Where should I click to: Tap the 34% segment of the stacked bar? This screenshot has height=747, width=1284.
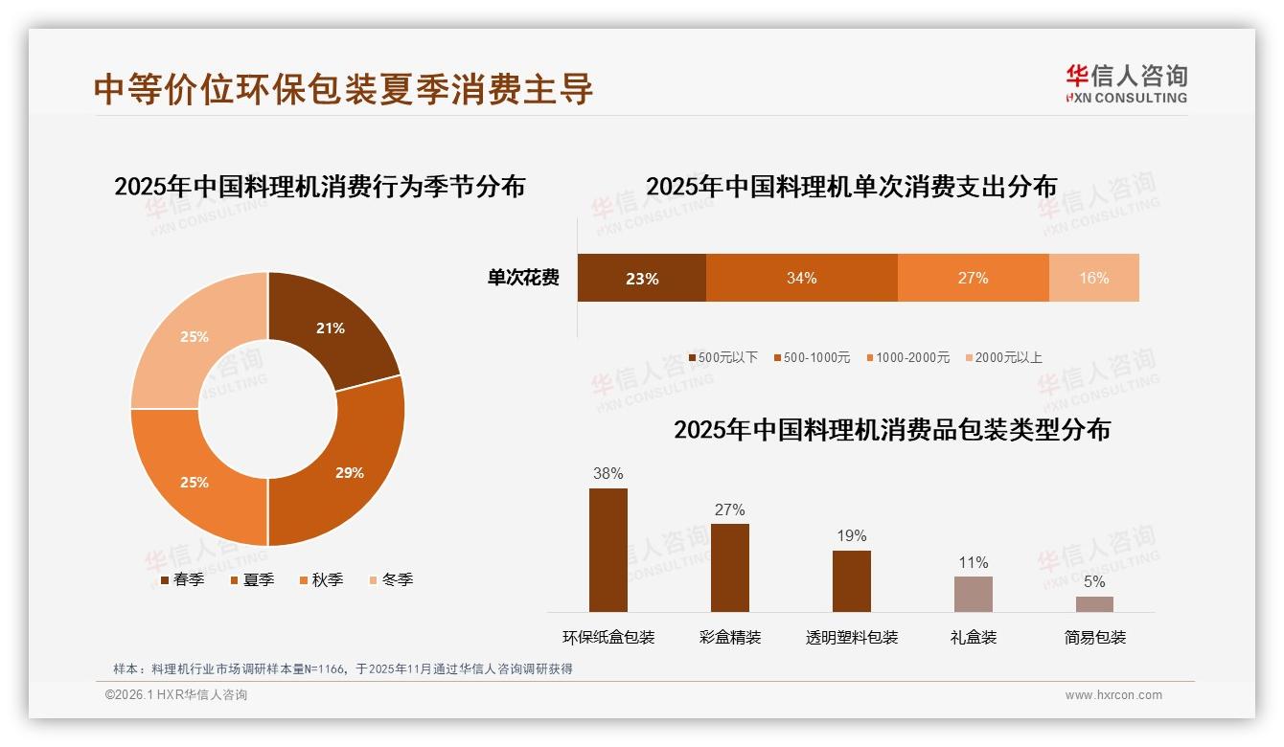pyautogui.click(x=801, y=278)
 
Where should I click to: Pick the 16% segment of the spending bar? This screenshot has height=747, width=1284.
pyautogui.click(x=1093, y=278)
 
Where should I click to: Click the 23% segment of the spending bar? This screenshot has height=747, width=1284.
pyautogui.click(x=641, y=279)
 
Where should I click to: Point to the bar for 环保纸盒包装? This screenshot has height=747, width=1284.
pyautogui.click(x=608, y=550)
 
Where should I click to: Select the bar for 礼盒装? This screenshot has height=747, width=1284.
pyautogui.click(x=973, y=594)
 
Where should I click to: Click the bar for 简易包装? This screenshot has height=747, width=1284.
pyautogui.click(x=1094, y=604)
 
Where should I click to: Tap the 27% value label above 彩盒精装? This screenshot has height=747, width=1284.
pyautogui.click(x=729, y=509)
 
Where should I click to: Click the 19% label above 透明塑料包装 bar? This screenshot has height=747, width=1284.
pyautogui.click(x=851, y=535)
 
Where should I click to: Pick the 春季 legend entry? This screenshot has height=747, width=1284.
pyautogui.click(x=182, y=579)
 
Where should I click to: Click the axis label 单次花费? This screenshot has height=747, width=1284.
pyautogui.click(x=523, y=278)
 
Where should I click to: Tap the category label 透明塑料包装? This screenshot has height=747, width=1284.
pyautogui.click(x=851, y=637)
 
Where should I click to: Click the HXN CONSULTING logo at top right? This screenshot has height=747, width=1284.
pyautogui.click(x=1126, y=83)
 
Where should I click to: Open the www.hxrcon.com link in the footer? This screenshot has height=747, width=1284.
pyautogui.click(x=1113, y=695)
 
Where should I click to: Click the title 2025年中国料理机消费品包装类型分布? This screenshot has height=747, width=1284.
pyautogui.click(x=891, y=430)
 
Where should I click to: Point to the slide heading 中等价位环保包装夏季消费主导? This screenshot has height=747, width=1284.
pyautogui.click(x=344, y=88)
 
